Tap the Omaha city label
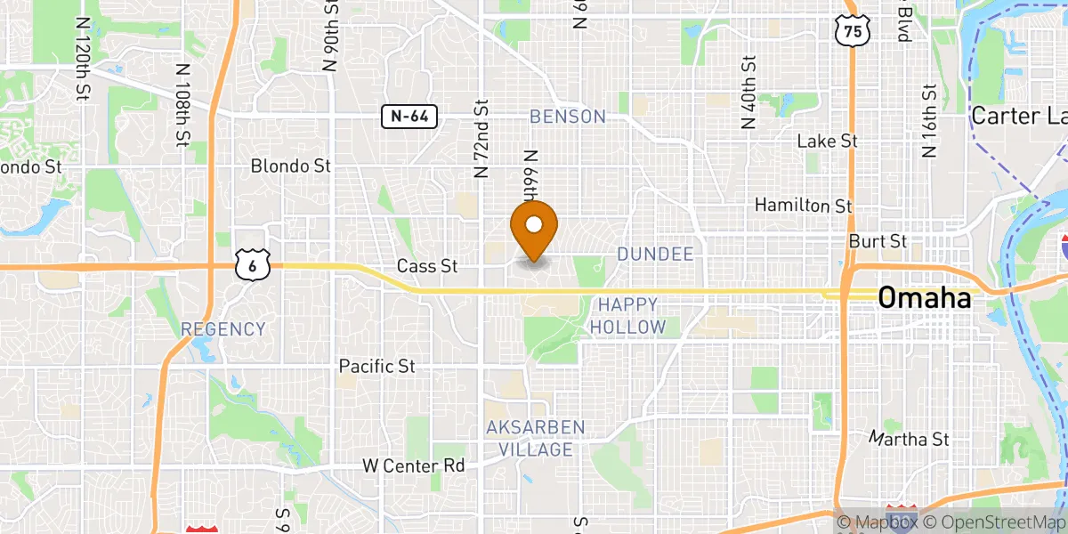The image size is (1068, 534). [x=925, y=298]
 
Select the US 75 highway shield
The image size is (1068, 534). [x=852, y=30]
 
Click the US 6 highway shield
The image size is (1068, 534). [x=253, y=264]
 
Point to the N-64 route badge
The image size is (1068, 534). [x=409, y=116]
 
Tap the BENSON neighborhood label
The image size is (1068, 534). [x=568, y=117]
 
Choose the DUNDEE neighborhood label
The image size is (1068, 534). [x=655, y=255]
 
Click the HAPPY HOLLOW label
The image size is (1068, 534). [x=627, y=316]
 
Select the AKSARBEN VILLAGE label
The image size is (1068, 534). [x=536, y=439]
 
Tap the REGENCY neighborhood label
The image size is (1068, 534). [x=223, y=329]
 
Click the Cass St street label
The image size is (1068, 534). [x=427, y=265]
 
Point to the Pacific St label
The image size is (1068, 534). [x=377, y=366]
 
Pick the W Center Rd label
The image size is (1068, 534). [x=414, y=465]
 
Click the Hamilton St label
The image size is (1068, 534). [x=804, y=206]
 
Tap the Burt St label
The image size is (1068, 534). [x=878, y=241]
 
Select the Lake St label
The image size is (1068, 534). [x=827, y=141]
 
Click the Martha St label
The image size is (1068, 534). [x=910, y=439]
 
